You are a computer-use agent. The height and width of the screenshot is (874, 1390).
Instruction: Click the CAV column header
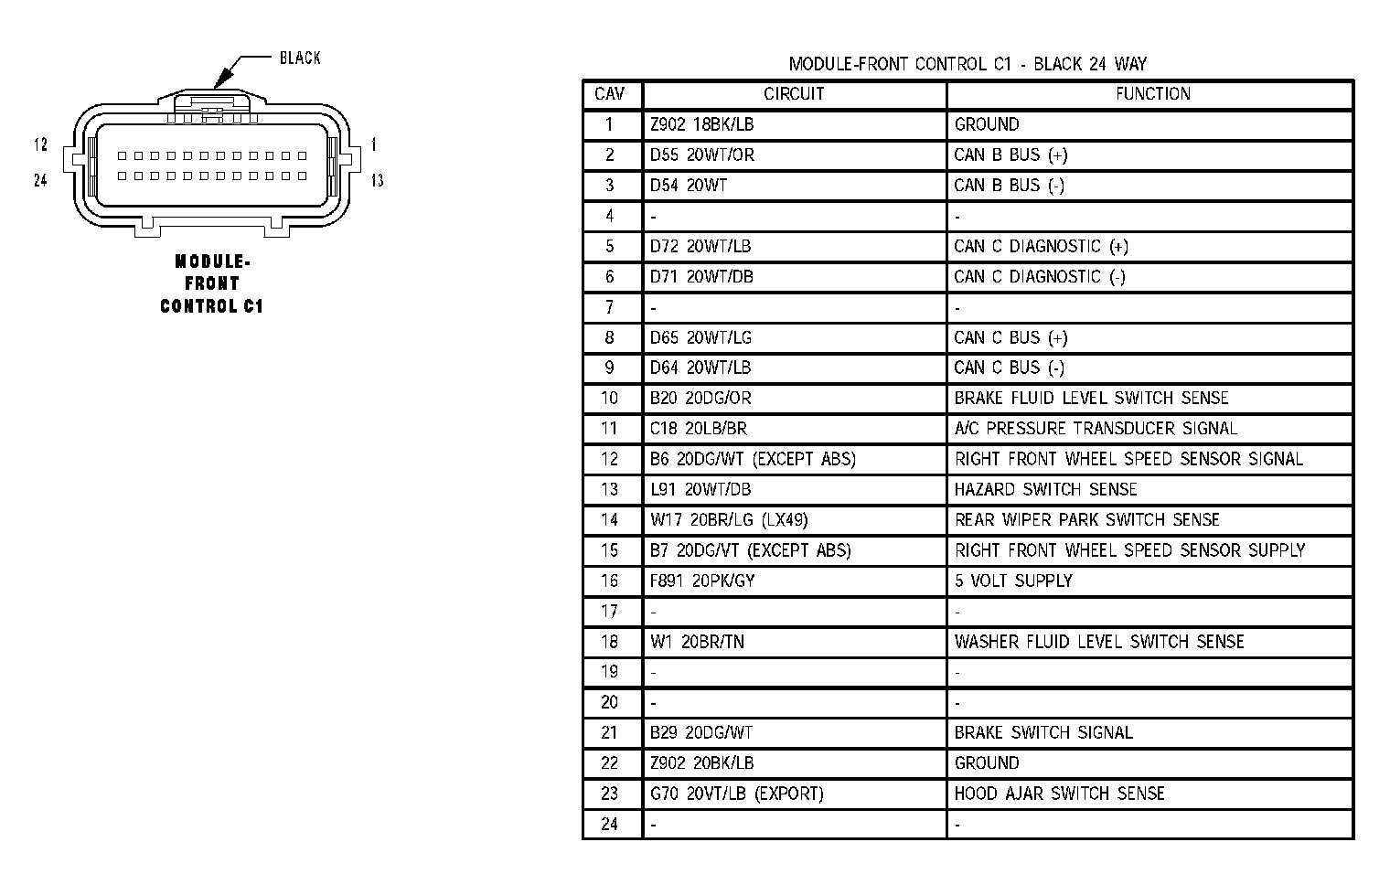pos(609,94)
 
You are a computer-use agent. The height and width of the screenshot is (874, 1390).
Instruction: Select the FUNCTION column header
pos(1152,94)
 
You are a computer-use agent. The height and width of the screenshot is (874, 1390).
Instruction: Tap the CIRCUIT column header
pos(794,94)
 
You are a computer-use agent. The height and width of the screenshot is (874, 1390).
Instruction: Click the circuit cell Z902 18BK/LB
pos(702,124)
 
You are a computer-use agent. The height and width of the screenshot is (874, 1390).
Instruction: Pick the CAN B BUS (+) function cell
pos(1010,155)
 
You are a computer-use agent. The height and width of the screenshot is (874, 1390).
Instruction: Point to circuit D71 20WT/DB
pos(701,276)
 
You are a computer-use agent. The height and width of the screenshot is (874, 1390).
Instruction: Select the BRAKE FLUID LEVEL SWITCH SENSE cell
pos(1091,398)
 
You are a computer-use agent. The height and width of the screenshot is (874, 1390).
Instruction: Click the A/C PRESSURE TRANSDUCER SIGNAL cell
pos(1096,428)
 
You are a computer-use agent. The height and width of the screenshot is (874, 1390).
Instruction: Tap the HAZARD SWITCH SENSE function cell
pos(1045,489)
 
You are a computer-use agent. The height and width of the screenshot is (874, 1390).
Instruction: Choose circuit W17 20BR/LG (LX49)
pos(729,519)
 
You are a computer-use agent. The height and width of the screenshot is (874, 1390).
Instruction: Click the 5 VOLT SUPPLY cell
pos(1013,581)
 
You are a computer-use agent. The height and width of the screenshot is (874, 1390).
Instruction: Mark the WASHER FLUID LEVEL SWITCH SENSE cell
pos(1099,641)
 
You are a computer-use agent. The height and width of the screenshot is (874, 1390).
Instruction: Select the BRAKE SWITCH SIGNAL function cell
pos(1043,732)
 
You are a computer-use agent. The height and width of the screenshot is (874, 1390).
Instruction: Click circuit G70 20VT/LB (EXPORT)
pos(736,794)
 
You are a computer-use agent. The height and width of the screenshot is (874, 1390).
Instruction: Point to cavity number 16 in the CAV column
pos(609,581)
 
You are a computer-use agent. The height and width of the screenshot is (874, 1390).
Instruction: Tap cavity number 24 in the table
pos(609,824)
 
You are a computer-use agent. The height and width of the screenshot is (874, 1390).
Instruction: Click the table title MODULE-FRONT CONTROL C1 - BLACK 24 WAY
pos(968,64)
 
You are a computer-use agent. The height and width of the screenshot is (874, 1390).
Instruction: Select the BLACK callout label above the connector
pos(300,58)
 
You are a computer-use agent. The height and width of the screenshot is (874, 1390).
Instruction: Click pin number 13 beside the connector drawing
pos(377,180)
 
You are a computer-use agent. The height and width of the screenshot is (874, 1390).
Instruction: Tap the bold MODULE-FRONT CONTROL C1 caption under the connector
pos(211,284)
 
